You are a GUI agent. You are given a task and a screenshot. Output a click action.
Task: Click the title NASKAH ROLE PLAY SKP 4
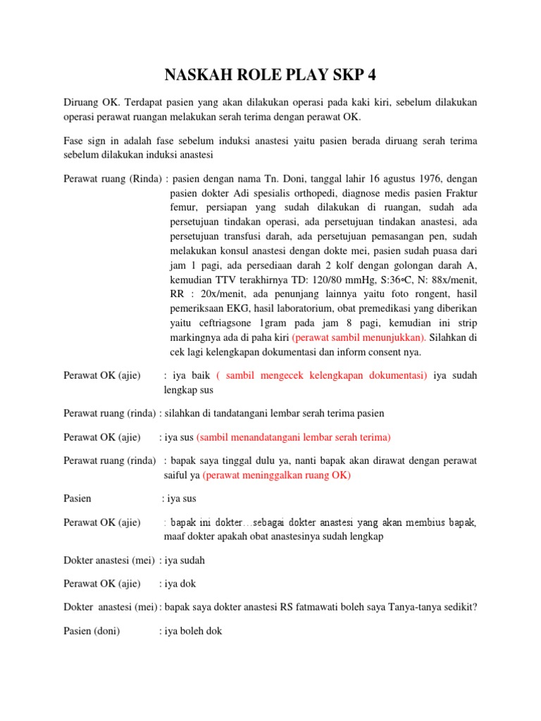tap(270, 75)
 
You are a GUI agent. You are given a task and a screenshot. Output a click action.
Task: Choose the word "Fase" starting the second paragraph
tap(75, 141)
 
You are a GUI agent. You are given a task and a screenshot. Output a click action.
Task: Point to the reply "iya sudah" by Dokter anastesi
tap(185, 560)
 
